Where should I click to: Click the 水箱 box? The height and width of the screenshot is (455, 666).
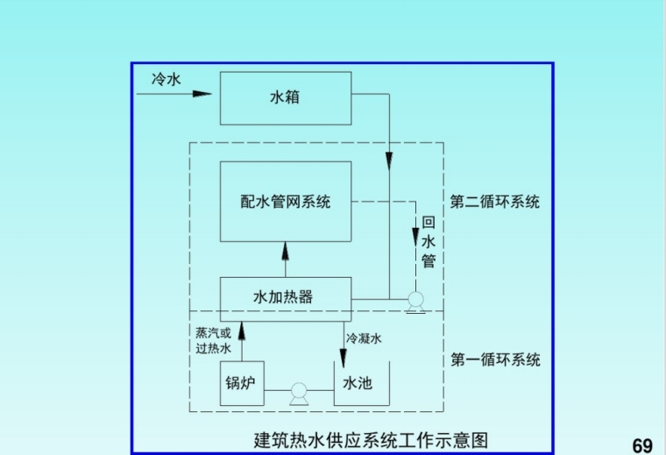pos(286,97)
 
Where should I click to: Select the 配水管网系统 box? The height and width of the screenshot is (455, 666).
pos(286,202)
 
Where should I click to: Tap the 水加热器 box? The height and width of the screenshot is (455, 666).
pos(286,298)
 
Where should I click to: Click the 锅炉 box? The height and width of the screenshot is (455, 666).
pos(241,384)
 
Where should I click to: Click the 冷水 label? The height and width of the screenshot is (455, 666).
pos(166,79)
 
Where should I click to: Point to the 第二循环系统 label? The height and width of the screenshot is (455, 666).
pos(495,202)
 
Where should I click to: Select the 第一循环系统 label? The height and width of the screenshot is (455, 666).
pos(495,359)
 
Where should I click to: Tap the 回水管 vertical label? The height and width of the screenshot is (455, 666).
pos(429,242)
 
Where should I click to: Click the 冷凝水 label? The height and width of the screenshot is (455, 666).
pos(365,338)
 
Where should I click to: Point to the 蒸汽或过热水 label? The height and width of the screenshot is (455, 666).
pos(214,340)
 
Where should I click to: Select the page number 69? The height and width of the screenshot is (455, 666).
pos(642,444)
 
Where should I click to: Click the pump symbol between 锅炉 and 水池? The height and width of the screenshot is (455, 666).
pos(299,391)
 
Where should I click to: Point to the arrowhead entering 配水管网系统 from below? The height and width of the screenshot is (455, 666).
pos(286,249)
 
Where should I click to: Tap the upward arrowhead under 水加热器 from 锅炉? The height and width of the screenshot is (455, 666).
pos(242,329)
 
